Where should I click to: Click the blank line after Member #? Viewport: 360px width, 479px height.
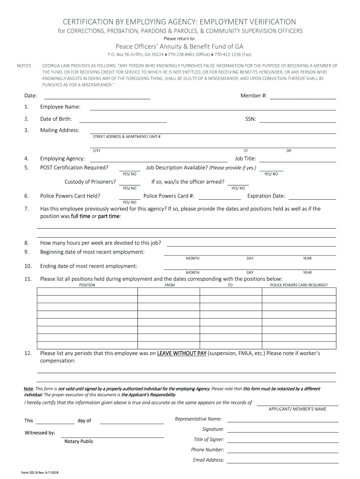pos(303,98)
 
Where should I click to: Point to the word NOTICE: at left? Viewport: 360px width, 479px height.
pos(24,66)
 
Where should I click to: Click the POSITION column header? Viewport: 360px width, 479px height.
pos(87,285)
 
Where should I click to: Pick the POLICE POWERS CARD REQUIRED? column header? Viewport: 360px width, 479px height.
pos(299,285)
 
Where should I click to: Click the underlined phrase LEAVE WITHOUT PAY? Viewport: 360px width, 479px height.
pos(181,354)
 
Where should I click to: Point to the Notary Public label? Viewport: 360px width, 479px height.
pos(79,441)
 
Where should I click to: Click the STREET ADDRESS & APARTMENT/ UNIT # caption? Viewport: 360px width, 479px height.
pos(127,137)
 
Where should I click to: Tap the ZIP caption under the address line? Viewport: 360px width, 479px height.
pos(288,151)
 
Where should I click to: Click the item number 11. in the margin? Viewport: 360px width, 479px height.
pos(28,279)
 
